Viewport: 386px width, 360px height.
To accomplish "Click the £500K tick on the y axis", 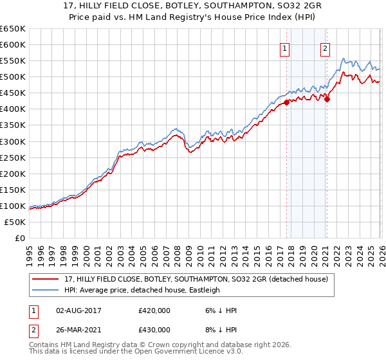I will (13, 76).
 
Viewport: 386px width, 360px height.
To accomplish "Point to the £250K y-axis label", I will (13, 157).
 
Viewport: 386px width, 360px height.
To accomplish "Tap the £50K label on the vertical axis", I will (15, 222).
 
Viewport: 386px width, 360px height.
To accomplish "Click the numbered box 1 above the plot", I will (284, 48).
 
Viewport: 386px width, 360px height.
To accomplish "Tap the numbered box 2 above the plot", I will (326, 48).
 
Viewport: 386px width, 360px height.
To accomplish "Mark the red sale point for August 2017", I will (286, 102).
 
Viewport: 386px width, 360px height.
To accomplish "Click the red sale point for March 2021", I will (327, 99).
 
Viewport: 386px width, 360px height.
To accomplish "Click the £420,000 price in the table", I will (154, 310).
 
